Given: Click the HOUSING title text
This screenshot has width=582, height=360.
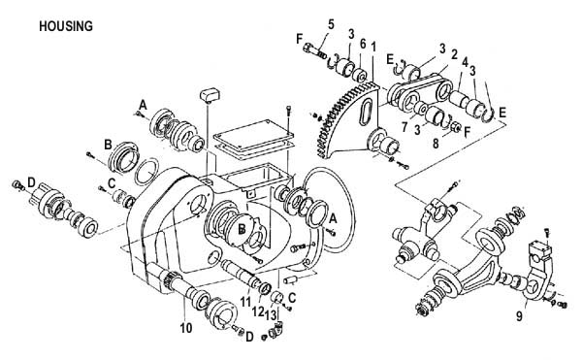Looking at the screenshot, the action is tap(66, 26).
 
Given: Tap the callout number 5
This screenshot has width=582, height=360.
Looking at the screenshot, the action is tap(331, 24).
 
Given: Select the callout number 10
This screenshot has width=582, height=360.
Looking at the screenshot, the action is tap(186, 328).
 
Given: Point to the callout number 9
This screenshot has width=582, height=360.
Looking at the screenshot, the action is tap(519, 316).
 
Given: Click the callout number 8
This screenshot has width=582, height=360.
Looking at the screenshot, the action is tap(436, 143).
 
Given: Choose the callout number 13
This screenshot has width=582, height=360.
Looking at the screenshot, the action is tap(271, 315).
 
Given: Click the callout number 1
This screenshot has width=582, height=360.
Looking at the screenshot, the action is tap(373, 47).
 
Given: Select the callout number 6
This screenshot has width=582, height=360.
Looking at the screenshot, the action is tap(363, 44).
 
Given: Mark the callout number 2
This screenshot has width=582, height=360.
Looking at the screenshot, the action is tap(454, 54).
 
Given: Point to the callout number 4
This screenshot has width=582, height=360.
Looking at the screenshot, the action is tap(465, 62).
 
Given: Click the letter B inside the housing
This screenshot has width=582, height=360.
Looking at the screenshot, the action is tap(242, 230).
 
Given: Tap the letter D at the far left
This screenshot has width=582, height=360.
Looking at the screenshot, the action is tap(31, 182).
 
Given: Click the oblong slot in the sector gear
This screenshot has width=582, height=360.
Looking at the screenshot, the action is tap(366, 108).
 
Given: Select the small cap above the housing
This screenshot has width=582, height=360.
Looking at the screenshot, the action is tap(210, 94).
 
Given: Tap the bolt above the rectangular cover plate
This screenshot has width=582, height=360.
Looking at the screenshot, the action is tap(289, 111).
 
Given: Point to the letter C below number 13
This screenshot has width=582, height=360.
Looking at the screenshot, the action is tap(292, 298).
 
